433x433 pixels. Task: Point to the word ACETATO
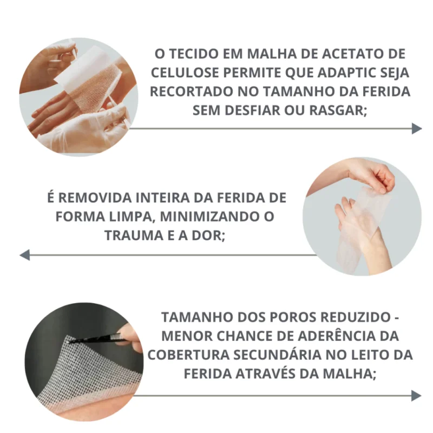(x=351, y=54)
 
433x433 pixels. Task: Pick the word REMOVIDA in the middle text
(x=96, y=198)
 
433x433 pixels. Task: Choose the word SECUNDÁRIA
(x=277, y=355)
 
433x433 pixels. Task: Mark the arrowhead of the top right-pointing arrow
(x=417, y=128)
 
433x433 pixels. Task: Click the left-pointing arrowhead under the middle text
(x=24, y=254)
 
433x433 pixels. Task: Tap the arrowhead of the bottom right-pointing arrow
(x=416, y=396)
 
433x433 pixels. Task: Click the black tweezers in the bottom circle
(x=97, y=339)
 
